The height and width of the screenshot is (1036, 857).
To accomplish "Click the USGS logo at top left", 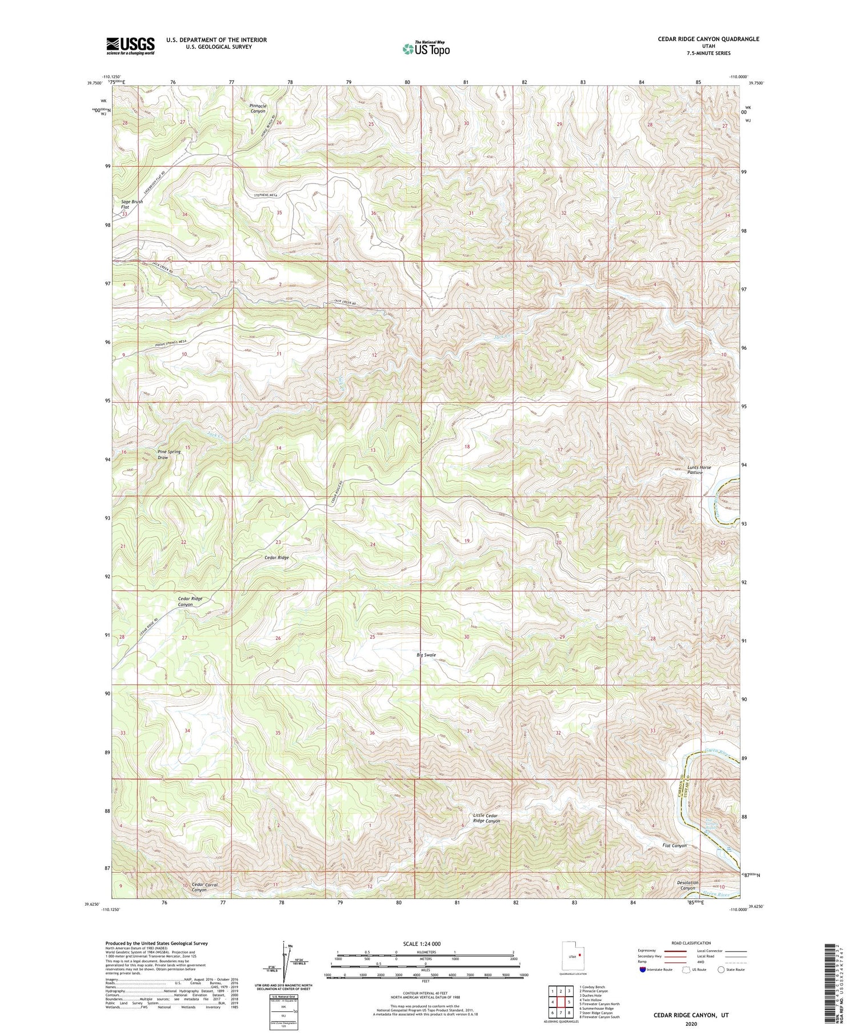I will click(130, 46).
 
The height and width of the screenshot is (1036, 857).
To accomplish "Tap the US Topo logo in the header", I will click(426, 49).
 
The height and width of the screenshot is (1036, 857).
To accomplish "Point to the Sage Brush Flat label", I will click(131, 204).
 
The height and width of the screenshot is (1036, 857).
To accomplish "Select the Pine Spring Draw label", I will click(169, 454).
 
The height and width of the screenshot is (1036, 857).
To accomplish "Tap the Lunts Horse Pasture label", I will click(699, 470).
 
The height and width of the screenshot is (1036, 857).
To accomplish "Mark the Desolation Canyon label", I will click(687, 885).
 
